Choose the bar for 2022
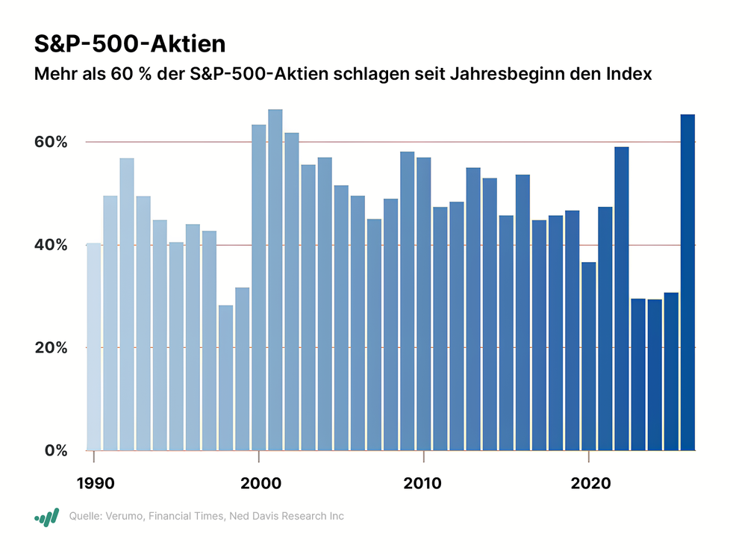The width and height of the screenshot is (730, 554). point(621,299)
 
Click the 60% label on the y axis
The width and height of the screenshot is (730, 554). point(52,142)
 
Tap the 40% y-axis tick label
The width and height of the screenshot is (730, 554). point(52,245)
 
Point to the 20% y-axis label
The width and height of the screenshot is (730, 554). point(52,348)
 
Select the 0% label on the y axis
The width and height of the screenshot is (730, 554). point(55,451)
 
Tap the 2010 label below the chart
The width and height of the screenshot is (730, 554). point(423,482)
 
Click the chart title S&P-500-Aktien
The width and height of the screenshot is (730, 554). point(130,44)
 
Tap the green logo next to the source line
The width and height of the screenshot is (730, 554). point(46,517)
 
